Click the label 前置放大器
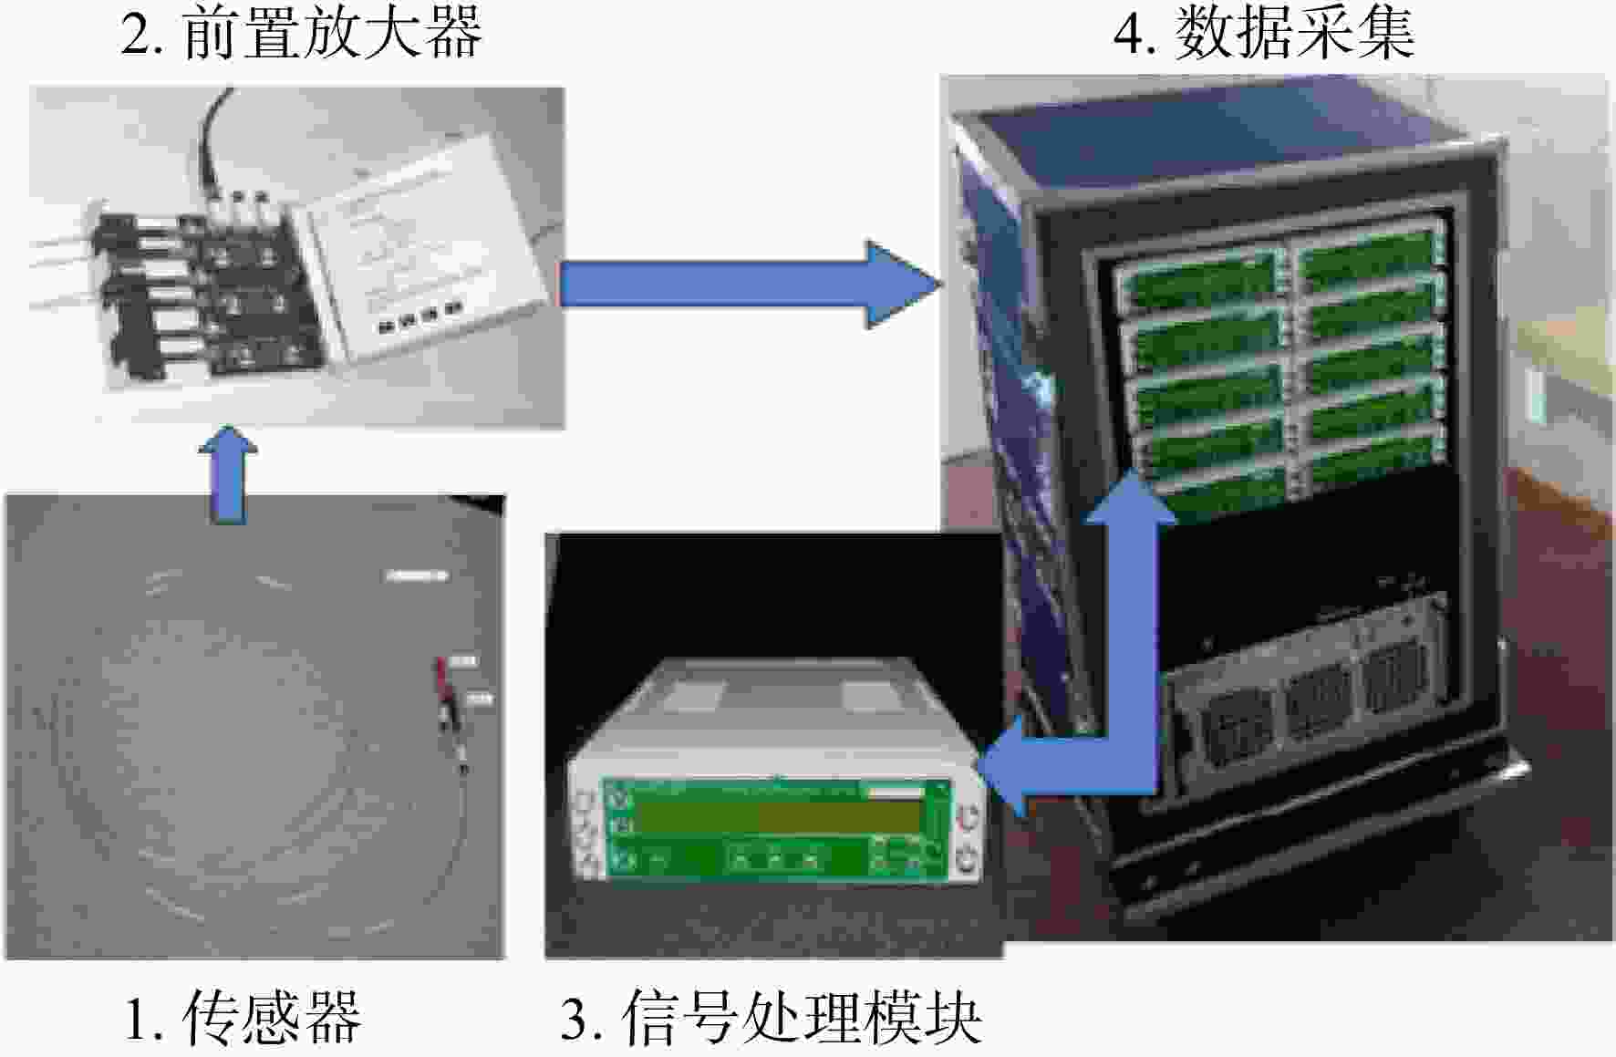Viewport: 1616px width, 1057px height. [333, 32]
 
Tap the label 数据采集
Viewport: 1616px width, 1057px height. [1295, 32]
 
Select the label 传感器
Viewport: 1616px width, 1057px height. [272, 1018]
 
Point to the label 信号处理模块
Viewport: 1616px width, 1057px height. [802, 1018]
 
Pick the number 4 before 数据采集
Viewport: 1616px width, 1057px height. [1132, 34]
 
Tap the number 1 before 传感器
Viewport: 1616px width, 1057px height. [144, 1019]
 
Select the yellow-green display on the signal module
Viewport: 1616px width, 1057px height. [775, 817]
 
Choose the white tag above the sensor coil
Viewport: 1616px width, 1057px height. [417, 575]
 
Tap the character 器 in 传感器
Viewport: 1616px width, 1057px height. [334, 1018]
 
